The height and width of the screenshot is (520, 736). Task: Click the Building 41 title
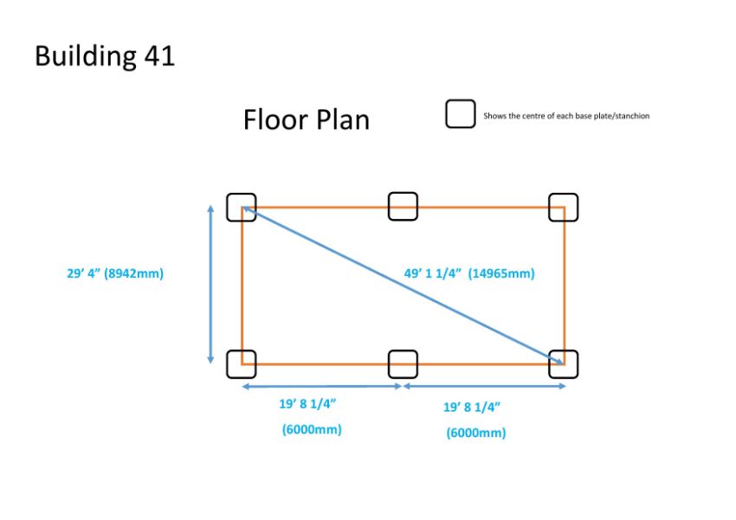point(105,56)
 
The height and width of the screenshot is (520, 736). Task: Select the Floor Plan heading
point(307,119)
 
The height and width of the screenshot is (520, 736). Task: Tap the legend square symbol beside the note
point(447,114)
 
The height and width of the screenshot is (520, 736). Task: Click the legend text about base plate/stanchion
point(566,116)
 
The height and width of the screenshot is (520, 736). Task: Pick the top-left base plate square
point(228,208)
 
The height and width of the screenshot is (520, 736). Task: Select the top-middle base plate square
point(389,206)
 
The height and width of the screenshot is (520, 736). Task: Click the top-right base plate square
point(550,208)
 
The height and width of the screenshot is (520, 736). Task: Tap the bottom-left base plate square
point(228,364)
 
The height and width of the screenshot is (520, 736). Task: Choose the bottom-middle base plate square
point(389,364)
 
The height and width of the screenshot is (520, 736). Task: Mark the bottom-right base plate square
point(550,364)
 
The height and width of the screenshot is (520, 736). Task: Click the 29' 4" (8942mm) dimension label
point(115,273)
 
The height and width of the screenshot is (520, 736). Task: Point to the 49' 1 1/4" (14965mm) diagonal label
point(469,273)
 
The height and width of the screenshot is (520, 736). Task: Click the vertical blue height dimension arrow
point(210,284)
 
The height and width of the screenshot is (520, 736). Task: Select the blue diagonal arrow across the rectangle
point(403,285)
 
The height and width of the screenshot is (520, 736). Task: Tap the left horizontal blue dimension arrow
point(322,387)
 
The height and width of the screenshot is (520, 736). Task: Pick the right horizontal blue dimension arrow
point(484,386)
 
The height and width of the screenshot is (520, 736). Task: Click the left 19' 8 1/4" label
point(308,404)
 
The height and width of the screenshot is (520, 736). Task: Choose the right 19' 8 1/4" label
point(472,407)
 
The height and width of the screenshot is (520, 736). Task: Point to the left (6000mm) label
point(312,429)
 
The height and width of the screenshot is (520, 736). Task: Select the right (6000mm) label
point(476,433)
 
